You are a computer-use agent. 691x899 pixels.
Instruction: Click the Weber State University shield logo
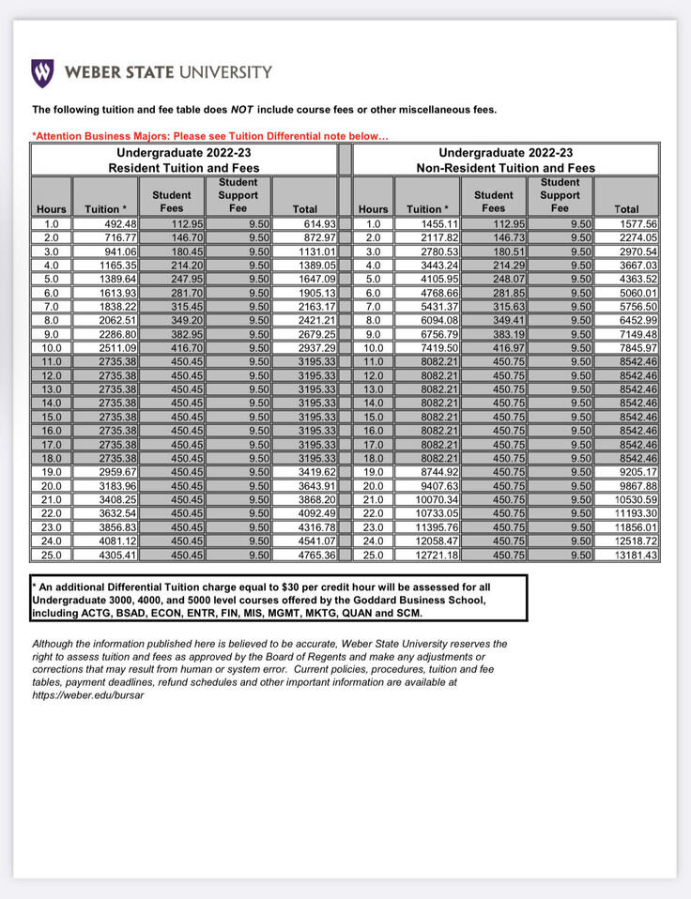click(x=42, y=72)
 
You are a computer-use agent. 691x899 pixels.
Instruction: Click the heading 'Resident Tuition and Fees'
click(x=184, y=167)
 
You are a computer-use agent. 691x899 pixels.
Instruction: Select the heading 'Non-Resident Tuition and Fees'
click(x=506, y=167)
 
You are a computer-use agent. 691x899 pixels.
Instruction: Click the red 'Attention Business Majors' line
click(x=210, y=137)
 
